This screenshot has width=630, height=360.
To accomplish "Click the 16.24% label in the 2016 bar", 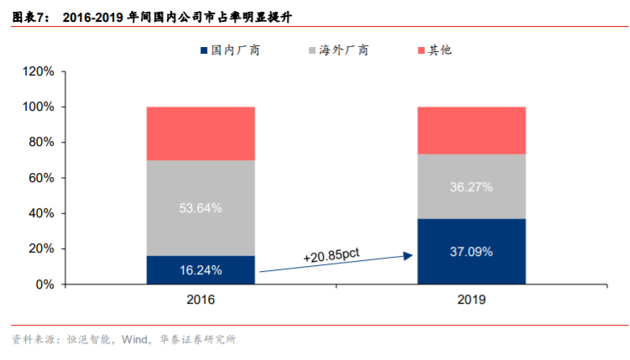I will click(x=200, y=270).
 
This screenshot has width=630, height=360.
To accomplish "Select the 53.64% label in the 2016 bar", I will click(x=200, y=208).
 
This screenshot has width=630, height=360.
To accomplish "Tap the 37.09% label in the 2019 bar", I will click(x=471, y=252).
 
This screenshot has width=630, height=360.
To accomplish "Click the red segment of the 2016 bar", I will click(x=200, y=133).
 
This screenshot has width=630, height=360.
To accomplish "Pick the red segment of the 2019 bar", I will click(x=471, y=130).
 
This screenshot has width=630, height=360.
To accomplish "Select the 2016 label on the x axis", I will click(x=200, y=299).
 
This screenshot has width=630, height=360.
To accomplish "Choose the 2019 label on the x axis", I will click(x=471, y=299).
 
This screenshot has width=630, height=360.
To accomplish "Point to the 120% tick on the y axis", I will click(x=38, y=72).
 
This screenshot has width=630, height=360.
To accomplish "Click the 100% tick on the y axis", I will click(x=38, y=107).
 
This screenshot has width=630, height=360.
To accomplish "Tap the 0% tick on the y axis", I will click(x=44, y=285).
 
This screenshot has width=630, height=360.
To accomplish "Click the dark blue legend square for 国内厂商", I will click(x=204, y=51).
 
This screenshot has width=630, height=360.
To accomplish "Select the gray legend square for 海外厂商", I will click(x=313, y=51).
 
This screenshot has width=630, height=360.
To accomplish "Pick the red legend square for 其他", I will click(x=421, y=51).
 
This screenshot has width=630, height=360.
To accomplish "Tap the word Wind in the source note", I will click(x=136, y=340).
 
